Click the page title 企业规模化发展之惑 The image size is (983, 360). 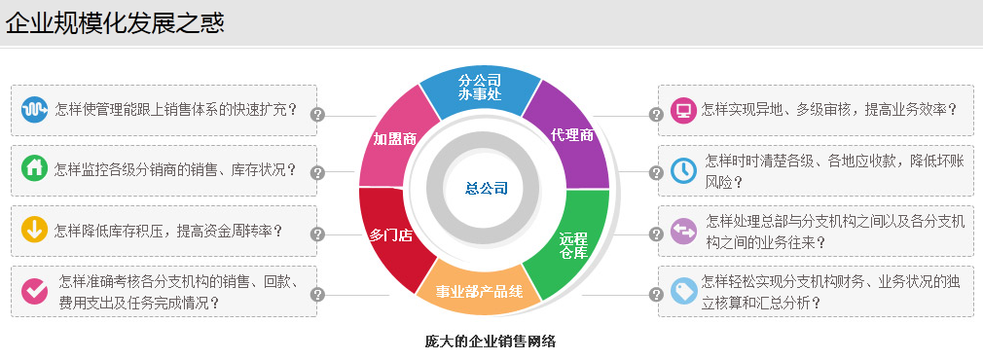[x=115, y=22]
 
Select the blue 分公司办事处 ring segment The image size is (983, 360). [x=479, y=87]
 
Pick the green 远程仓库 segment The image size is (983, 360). [x=573, y=245]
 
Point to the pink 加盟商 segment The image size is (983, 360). [x=394, y=139]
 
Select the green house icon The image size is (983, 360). [x=35, y=169]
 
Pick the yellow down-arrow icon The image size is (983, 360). [x=35, y=231]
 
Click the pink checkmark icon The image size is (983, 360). [x=35, y=290]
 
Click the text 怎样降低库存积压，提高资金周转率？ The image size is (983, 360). [x=168, y=231]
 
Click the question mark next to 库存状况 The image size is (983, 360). [x=317, y=173]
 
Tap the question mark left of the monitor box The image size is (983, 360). [x=656, y=114]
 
